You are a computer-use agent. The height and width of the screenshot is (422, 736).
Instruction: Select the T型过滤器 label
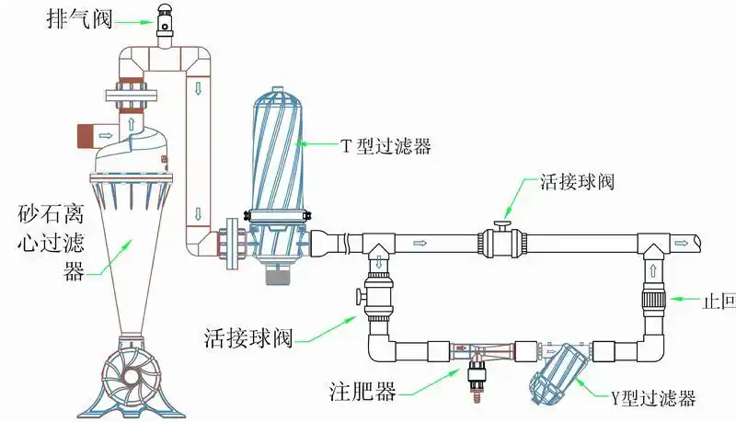coord(385,145)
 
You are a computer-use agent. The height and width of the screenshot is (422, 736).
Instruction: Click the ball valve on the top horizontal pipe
coord(502,242)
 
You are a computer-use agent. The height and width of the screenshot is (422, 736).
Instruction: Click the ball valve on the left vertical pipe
coord(378,296)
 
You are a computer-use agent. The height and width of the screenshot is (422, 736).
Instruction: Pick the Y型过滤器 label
coord(651,398)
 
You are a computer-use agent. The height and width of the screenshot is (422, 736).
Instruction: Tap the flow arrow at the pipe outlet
coord(684,243)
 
